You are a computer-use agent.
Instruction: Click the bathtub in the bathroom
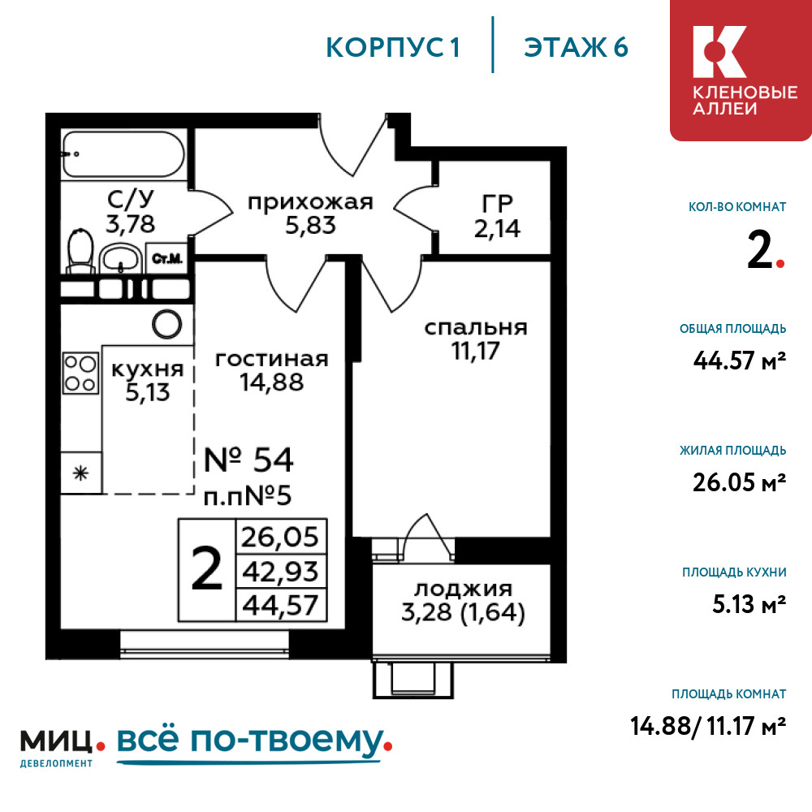tap(123, 154)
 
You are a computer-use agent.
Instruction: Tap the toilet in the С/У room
tap(80, 250)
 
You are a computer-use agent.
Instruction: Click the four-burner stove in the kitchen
tap(80, 373)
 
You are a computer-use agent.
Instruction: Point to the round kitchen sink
tap(166, 324)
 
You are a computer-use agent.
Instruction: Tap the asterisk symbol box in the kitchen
tap(80, 473)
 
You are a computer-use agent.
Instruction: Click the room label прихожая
tap(310, 202)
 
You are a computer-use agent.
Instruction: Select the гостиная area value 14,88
tap(271, 382)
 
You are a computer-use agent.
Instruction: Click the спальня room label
tap(475, 327)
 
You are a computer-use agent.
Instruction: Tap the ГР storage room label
tap(497, 204)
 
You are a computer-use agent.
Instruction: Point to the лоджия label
tap(463, 589)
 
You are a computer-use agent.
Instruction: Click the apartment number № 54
tap(248, 460)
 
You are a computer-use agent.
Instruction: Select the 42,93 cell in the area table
tap(281, 572)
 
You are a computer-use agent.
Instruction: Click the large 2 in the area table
tap(206, 570)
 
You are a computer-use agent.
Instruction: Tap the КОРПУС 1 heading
tap(393, 48)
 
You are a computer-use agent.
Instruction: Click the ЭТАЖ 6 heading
tap(576, 48)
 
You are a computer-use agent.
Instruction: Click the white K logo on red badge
tap(719, 52)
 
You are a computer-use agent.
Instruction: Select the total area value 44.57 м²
tap(740, 361)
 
